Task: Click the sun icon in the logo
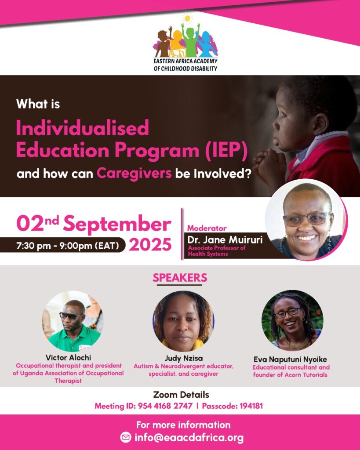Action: coord(187,18)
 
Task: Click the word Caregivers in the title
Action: coord(134,173)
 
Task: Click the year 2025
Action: coord(150,245)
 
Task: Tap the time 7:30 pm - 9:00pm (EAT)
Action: coord(67,246)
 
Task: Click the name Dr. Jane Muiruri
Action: coord(225,240)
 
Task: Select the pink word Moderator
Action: coord(207,228)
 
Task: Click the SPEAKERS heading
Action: coord(180,278)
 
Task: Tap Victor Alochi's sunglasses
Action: coord(71,316)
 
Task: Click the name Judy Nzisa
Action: coord(183,358)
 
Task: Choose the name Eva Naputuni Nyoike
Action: coord(290,359)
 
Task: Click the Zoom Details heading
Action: coord(181,395)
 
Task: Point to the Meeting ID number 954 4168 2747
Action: coord(165,406)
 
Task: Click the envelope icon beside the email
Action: coord(126,437)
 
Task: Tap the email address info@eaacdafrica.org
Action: coord(189,438)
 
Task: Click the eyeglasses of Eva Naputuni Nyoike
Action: coord(288,312)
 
